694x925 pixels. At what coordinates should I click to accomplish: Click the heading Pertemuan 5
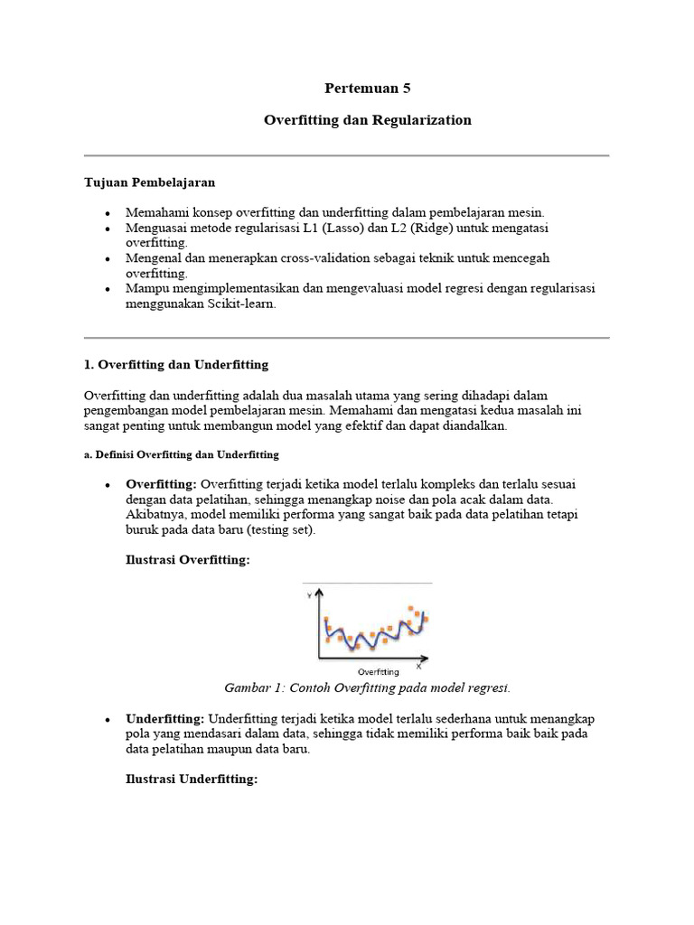point(367,88)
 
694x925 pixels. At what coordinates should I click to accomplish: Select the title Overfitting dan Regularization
point(367,119)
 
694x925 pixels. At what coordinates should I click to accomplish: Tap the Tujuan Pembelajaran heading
point(149,182)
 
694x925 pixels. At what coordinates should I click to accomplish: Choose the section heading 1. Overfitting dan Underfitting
point(176,364)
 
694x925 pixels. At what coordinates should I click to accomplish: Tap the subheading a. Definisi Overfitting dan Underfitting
point(181,453)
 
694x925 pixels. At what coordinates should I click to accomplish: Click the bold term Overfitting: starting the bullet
point(161,484)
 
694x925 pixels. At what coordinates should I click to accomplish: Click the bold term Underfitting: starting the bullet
point(165,718)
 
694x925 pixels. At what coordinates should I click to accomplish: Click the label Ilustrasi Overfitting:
point(187,561)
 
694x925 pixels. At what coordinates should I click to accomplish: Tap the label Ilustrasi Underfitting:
point(192,779)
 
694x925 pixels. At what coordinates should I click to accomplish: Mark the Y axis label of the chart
point(310,595)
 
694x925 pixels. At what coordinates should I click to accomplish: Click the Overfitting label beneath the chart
point(379,671)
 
